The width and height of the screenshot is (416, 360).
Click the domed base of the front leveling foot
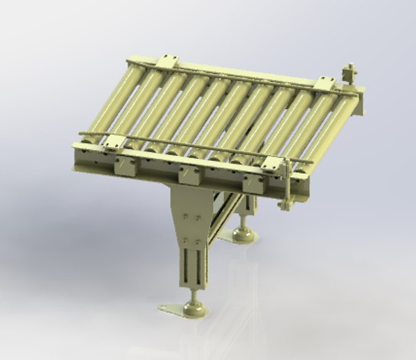tap(193, 309)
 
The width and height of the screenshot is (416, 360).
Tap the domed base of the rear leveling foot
tap(243, 235)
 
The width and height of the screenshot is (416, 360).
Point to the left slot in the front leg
tap(188, 266)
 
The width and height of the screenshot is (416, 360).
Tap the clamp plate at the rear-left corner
tap(167, 62)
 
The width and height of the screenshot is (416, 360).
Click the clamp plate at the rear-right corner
tap(324, 83)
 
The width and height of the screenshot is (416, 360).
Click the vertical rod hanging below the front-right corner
tap(286, 191)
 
